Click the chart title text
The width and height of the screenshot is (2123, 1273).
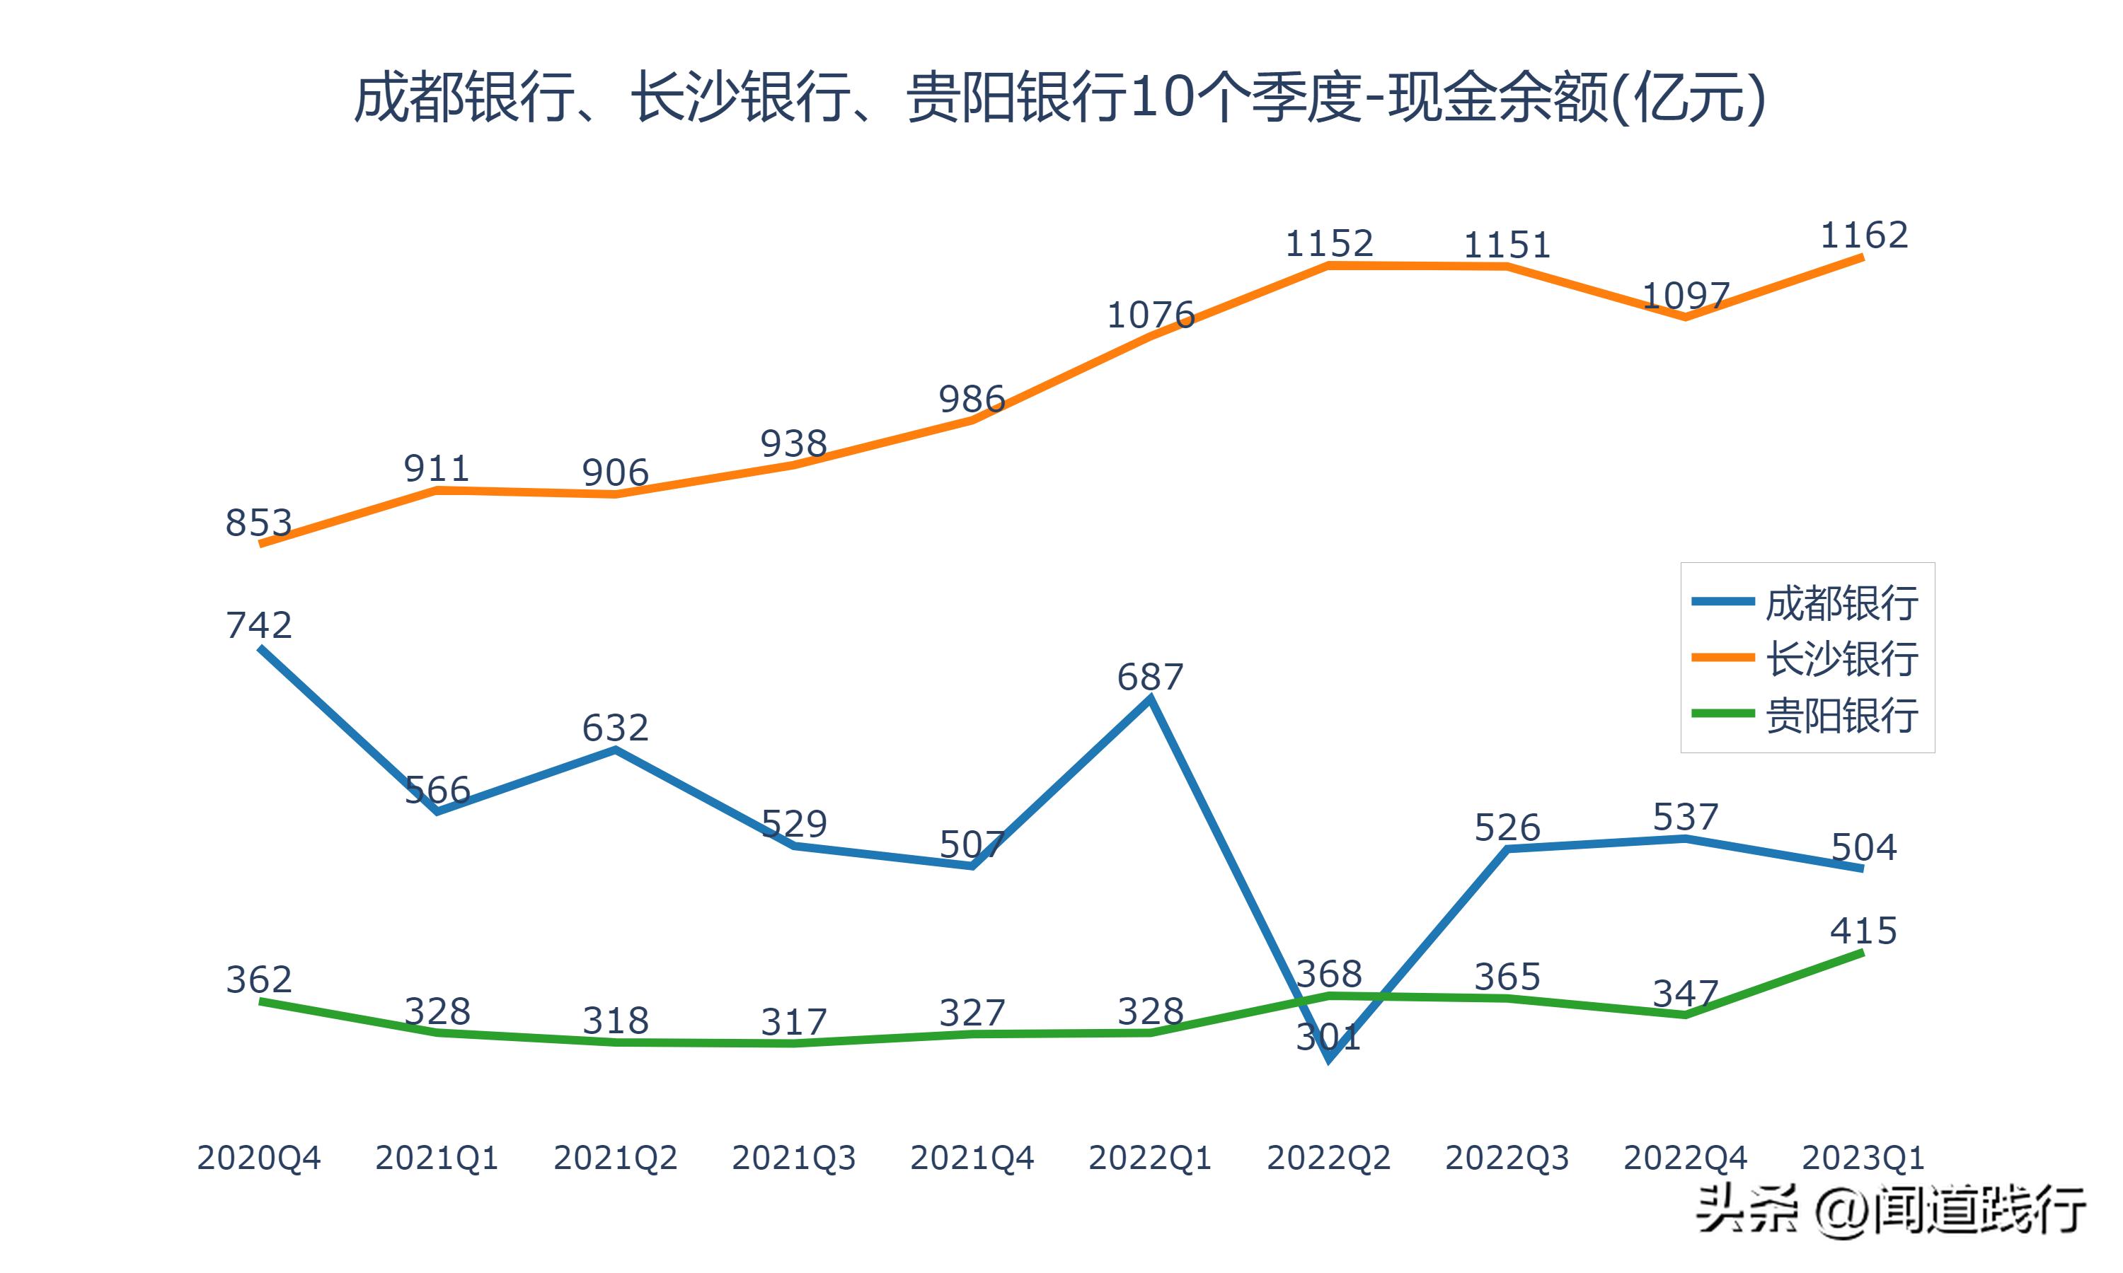pos(1060,98)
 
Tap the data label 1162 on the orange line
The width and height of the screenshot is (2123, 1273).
pos(1864,235)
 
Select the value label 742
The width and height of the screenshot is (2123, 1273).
pos(258,625)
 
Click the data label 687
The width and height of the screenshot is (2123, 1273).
pos(1150,678)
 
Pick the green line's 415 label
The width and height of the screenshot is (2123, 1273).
pos(1863,931)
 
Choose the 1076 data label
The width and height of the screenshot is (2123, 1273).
pos(1150,315)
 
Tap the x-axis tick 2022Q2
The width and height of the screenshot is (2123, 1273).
pos(1328,1158)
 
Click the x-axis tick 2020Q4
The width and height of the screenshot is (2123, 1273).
pos(258,1158)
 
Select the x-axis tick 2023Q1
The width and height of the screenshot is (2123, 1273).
pos(1863,1158)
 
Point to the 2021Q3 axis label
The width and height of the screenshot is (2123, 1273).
pos(794,1158)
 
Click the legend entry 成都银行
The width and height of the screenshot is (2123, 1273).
pos(1841,603)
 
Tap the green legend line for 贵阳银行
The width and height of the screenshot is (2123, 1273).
pos(1722,713)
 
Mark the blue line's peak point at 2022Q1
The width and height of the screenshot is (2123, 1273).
pos(1150,700)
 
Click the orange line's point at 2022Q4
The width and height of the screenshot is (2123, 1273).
pos(1686,317)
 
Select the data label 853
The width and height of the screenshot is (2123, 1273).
pos(258,523)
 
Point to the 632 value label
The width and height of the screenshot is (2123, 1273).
pos(614,728)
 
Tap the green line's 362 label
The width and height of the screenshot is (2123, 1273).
pos(258,980)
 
